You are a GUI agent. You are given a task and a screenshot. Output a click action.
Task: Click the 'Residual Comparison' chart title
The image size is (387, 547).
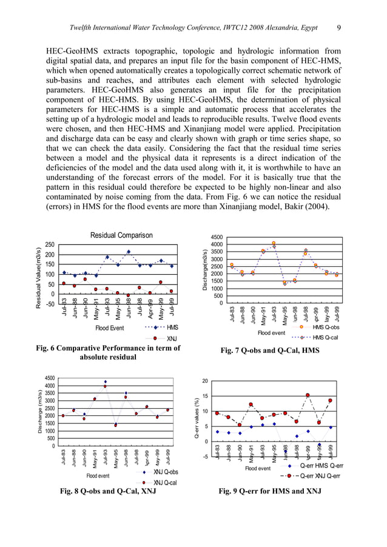pos(119,235)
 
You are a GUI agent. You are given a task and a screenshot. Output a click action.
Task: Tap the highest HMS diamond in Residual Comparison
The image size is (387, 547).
pos(129,252)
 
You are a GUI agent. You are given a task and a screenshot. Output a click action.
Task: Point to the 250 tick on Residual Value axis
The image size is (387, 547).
pos(50,244)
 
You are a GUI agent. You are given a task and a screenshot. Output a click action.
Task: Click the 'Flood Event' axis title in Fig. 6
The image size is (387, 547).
pos(109,328)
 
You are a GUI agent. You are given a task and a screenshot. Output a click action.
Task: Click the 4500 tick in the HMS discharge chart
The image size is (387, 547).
pos(215,237)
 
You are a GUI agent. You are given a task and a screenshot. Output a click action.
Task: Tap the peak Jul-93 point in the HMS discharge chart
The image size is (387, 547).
pos(274,244)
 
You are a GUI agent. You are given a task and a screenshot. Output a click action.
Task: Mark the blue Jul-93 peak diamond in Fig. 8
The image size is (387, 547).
pos(105,382)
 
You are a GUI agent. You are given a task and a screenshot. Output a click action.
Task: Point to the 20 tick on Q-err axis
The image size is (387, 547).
pos(205,381)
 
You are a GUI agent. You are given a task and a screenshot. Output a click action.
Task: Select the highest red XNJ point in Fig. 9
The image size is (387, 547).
pos(308,395)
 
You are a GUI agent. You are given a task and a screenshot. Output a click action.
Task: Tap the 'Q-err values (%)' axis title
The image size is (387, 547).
pos(197,418)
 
